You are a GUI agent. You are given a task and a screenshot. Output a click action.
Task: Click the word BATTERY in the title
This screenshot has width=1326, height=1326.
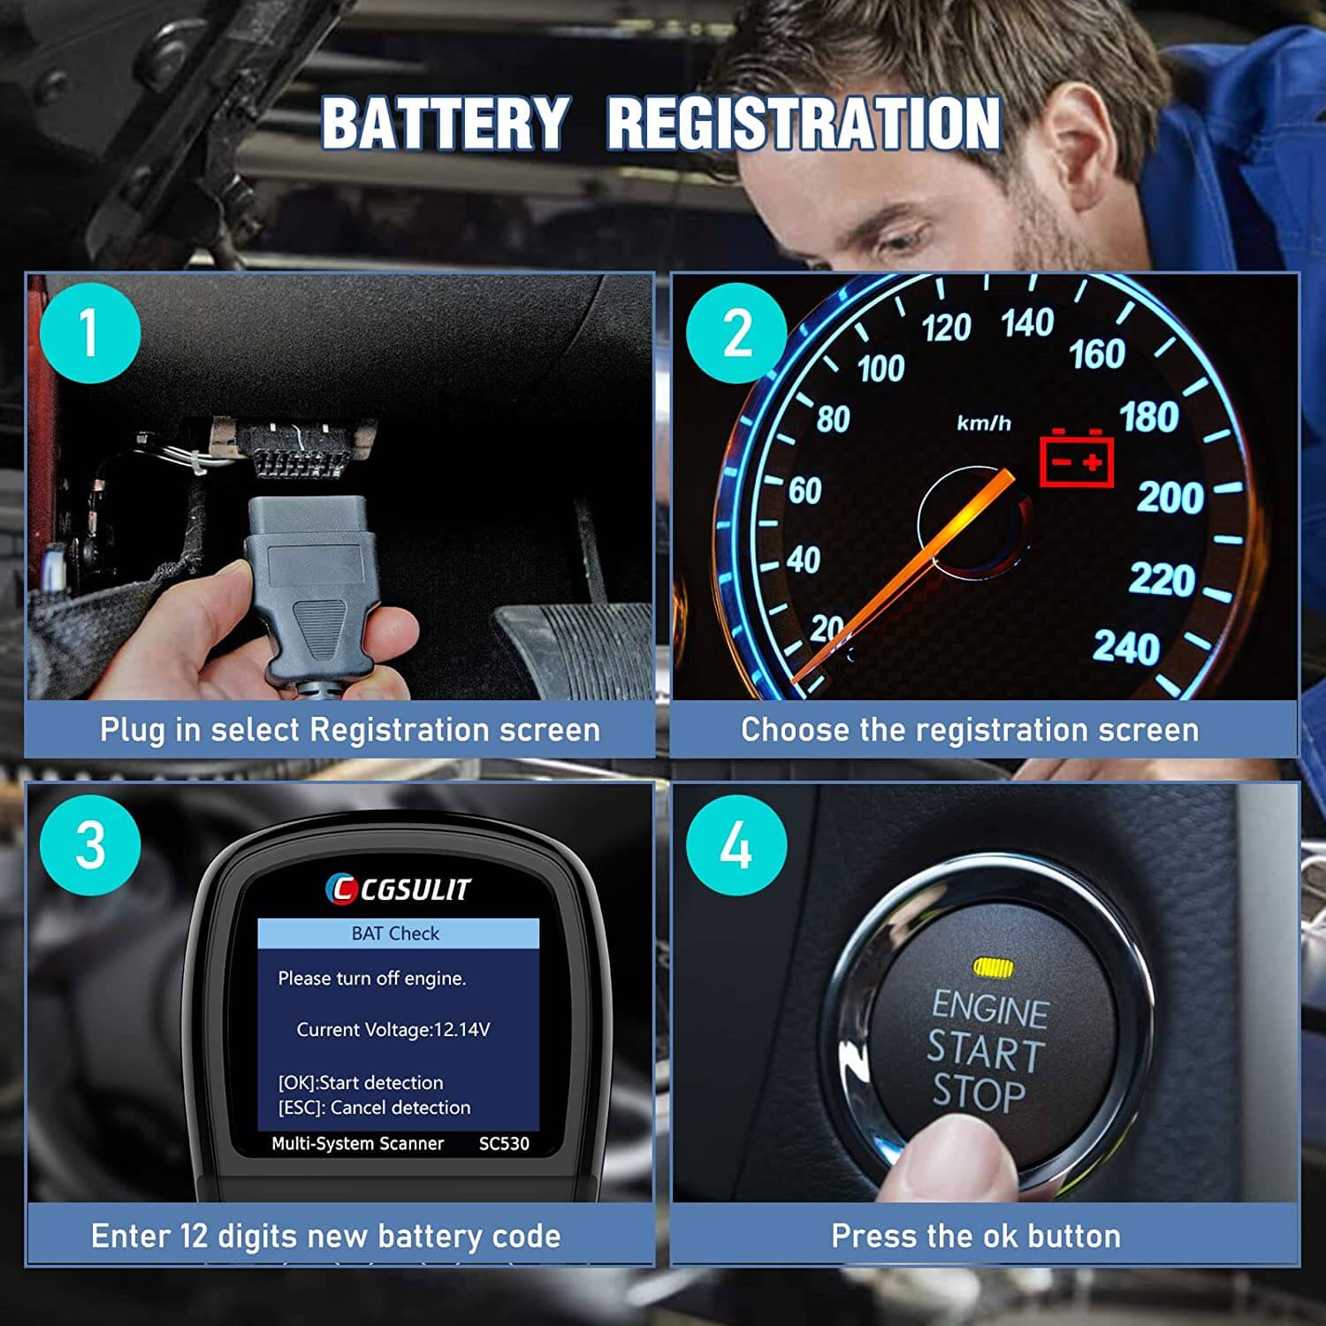(445, 123)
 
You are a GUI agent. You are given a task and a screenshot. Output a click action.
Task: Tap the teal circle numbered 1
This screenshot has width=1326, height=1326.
(89, 333)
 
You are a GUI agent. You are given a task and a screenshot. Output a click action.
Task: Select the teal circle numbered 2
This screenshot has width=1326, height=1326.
(736, 333)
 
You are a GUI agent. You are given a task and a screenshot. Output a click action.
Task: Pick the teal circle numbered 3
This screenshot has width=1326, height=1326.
(90, 844)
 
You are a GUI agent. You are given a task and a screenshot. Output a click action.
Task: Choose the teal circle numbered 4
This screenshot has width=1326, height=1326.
(735, 844)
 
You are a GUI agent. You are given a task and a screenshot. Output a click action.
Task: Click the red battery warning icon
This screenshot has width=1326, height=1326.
(1076, 459)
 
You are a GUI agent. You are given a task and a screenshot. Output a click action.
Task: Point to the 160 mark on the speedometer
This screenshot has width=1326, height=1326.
(1096, 354)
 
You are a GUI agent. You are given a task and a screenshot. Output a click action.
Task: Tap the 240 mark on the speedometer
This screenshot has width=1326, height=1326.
(1125, 648)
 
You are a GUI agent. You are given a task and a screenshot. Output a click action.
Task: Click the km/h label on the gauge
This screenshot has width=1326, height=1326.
(983, 423)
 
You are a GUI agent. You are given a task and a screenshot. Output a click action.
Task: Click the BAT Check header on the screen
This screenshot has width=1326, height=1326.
(397, 934)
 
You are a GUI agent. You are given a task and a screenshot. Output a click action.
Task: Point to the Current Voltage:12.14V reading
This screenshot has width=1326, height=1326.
(392, 1030)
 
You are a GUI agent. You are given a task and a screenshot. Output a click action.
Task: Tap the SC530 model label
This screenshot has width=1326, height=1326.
(504, 1144)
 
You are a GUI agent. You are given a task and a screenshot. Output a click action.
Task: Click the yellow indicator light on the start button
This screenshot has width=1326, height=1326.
(993, 968)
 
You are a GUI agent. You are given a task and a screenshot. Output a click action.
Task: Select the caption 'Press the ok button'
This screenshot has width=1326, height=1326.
(976, 1236)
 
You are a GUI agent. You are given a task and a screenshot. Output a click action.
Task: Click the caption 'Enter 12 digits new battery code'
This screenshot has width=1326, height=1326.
(325, 1236)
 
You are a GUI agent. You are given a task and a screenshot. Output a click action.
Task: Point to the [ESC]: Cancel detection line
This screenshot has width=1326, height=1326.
(374, 1108)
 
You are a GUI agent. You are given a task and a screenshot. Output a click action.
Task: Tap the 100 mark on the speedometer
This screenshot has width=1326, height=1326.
(880, 369)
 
